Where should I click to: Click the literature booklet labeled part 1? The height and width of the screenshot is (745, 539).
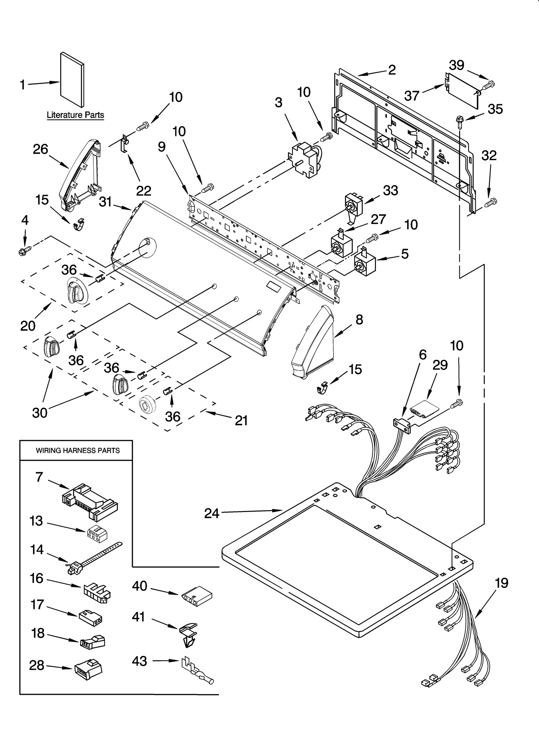pyautogui.click(x=72, y=80)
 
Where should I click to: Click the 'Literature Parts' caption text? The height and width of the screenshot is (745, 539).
pyautogui.click(x=75, y=115)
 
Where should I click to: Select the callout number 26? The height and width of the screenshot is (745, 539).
pyautogui.click(x=40, y=149)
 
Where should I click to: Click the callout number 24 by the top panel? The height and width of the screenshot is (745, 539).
pyautogui.click(x=212, y=513)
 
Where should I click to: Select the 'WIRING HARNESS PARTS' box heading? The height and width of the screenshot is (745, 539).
pyautogui.click(x=78, y=451)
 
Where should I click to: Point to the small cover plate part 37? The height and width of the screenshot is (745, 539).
pyautogui.click(x=463, y=91)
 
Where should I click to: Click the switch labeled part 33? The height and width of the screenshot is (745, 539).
pyautogui.click(x=353, y=205)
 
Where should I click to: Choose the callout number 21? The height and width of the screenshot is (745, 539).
pyautogui.click(x=241, y=421)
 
